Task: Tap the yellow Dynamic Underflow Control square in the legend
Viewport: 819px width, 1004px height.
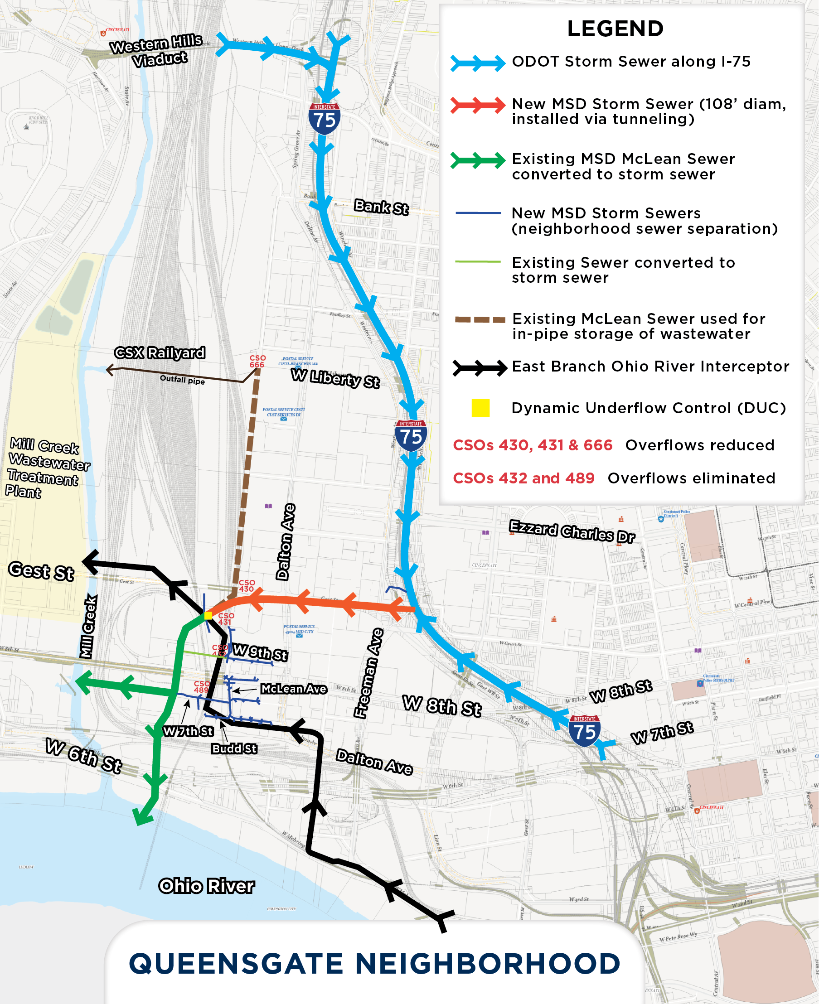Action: pos(480,408)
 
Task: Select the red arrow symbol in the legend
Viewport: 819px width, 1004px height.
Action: pos(477,105)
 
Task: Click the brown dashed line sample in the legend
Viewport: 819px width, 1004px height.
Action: pos(480,320)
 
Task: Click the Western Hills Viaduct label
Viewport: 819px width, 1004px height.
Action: pos(157,50)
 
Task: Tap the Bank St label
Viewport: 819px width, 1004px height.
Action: pos(381,207)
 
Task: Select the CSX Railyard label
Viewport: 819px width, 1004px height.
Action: pos(160,353)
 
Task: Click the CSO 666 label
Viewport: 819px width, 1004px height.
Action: pos(257,361)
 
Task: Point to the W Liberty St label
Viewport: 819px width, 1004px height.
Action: pos(335,378)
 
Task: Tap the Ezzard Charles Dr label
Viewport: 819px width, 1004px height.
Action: pos(572,531)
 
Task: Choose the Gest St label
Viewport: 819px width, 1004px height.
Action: pos(41,571)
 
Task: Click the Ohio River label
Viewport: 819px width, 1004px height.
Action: pos(206,886)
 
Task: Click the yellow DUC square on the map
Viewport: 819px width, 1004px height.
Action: pos(208,615)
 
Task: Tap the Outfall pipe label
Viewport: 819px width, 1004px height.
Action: pos(182,380)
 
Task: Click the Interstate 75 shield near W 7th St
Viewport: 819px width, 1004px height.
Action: pos(584,730)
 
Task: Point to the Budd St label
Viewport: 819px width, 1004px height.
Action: pos(234,748)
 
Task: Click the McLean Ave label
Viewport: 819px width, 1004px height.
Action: pos(293,689)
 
